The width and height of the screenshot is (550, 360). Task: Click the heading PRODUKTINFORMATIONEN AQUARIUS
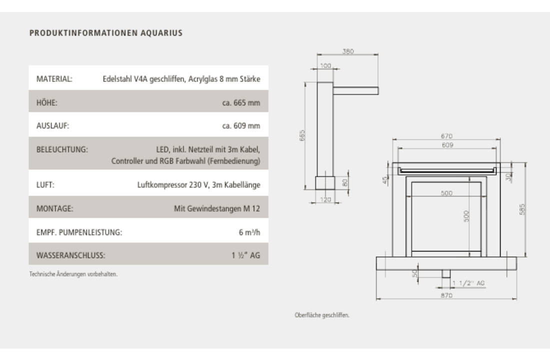click(x=106, y=33)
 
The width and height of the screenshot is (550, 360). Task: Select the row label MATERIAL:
click(x=54, y=79)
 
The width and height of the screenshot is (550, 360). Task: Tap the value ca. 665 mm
click(x=241, y=103)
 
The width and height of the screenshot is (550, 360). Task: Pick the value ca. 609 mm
click(x=241, y=126)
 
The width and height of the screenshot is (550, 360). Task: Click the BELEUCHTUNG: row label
click(x=62, y=149)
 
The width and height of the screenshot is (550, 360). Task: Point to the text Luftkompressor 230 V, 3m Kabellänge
click(x=198, y=185)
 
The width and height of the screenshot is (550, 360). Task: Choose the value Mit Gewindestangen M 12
click(x=216, y=208)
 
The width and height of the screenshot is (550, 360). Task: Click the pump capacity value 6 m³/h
click(x=249, y=232)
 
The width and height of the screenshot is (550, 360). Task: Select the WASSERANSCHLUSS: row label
click(x=70, y=255)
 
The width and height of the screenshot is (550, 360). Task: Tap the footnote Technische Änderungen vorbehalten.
click(x=73, y=274)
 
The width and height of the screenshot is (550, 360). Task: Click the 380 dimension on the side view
click(x=348, y=51)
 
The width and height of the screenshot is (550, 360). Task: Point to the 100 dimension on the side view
click(x=325, y=65)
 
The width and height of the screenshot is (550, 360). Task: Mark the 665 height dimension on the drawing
click(x=302, y=135)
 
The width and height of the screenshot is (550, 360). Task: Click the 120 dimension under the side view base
click(x=325, y=199)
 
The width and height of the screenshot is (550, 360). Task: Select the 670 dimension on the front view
click(x=446, y=136)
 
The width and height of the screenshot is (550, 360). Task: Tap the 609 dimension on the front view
click(x=447, y=145)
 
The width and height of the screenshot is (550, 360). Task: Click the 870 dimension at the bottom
click(x=446, y=295)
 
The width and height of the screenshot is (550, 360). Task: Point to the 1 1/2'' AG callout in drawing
click(x=468, y=283)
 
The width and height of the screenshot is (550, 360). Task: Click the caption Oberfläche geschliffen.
click(x=322, y=315)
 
